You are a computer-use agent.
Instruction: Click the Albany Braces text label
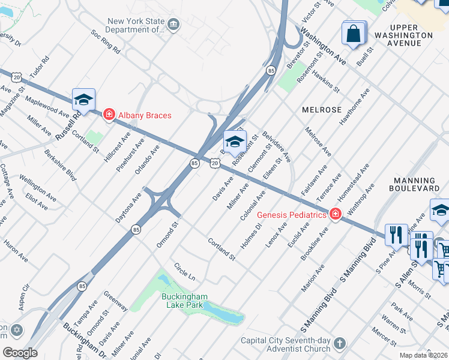(145, 115)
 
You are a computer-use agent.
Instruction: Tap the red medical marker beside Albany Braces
(109, 114)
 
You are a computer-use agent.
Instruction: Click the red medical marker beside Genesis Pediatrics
(335, 214)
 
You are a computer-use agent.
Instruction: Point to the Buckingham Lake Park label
(184, 300)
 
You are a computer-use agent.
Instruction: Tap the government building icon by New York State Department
(174, 25)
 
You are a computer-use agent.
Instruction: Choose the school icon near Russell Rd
(83, 100)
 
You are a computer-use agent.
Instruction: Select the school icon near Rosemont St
(235, 142)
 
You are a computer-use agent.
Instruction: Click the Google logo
(20, 353)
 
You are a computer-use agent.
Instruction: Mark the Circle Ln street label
(185, 271)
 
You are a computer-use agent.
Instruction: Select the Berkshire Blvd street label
(60, 165)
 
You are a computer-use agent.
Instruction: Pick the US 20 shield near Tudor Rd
(16, 77)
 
